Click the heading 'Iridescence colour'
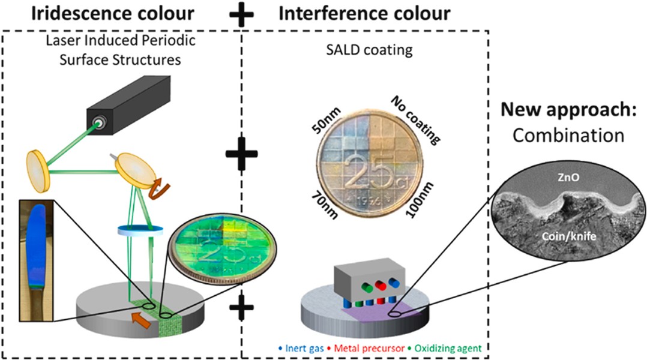click(113, 13)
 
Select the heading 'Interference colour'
click(364, 13)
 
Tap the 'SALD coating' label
click(369, 50)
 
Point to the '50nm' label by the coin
click(327, 121)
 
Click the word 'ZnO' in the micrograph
click(568, 178)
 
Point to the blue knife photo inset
click(36, 260)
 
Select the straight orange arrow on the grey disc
click(142, 320)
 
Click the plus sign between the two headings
click(241, 14)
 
